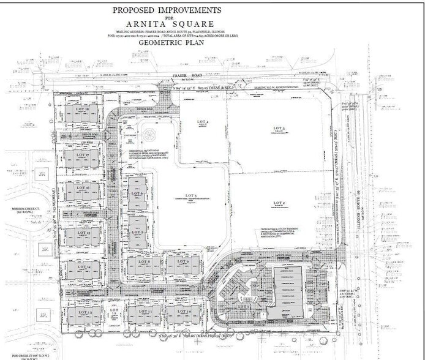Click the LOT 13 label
pyautogui.click(x=84, y=312)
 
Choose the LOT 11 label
pyautogui.click(x=146, y=312)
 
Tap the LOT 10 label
pyautogui.click(x=186, y=312)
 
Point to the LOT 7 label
pyautogui.click(x=137, y=232)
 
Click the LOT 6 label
pyautogui.click(x=137, y=194)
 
